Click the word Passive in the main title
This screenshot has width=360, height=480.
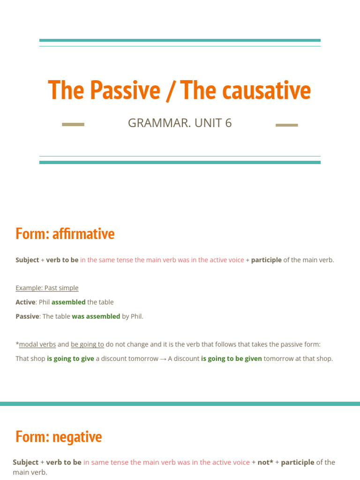[125, 90]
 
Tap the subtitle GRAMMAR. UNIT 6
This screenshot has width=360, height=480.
[180, 123]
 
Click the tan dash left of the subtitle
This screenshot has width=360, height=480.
[73, 125]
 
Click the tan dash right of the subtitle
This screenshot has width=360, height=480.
[286, 125]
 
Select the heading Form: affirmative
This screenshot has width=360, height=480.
[65, 233]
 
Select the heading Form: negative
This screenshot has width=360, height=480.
[59, 437]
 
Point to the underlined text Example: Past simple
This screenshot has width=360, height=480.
[47, 288]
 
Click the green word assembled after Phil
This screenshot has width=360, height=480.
[68, 302]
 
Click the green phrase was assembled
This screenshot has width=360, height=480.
[96, 316]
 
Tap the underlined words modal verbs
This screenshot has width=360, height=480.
[37, 345]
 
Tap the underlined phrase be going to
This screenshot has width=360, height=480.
[87, 345]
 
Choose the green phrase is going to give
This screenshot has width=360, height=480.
[70, 359]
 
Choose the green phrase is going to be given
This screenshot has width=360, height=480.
[232, 359]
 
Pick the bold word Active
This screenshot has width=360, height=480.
[25, 302]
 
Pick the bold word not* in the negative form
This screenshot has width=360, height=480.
[265, 462]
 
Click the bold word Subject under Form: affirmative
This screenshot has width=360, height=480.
[27, 260]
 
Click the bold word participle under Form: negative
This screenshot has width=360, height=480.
[298, 462]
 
